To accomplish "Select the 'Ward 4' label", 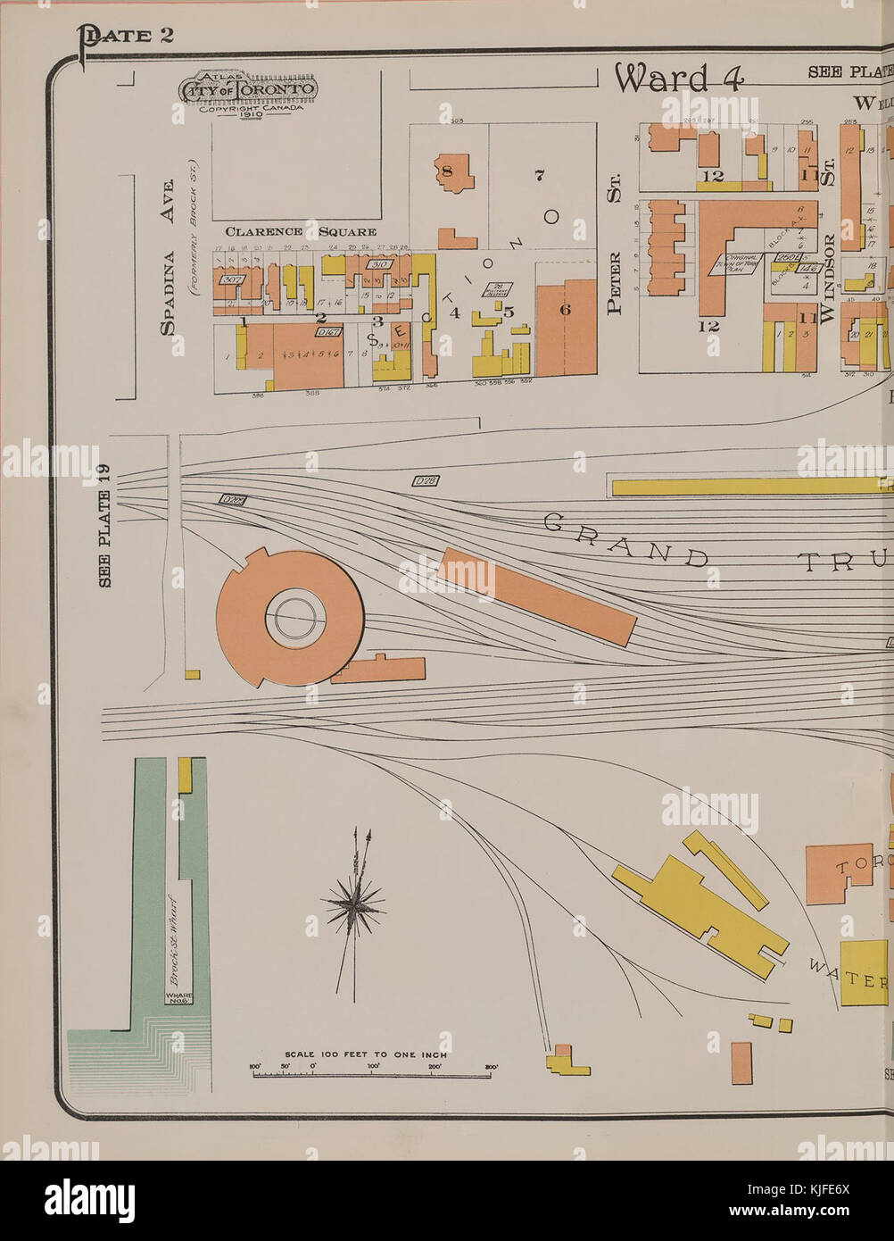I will (678, 79).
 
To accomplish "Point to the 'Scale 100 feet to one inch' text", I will (366, 1054).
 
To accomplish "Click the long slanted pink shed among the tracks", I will (538, 596).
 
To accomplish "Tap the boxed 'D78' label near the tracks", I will (426, 481).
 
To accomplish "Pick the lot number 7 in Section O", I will (539, 176).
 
